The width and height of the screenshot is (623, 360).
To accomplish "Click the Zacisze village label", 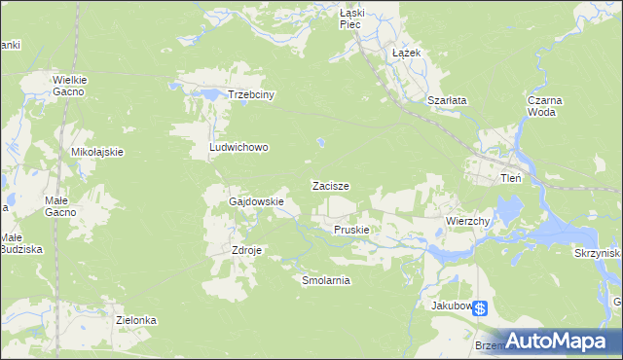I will pos(330,185).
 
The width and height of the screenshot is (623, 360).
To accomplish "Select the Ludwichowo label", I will pos(238,148).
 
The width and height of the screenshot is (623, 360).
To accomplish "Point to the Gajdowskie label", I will pos(256,201).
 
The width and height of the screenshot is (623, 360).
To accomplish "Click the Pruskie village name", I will pos(350,230).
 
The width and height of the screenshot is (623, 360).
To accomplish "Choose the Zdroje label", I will pos(247,249).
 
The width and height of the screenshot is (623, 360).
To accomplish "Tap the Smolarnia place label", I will pos(325,279).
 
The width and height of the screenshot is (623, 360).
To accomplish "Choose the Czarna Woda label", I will pos(542,106).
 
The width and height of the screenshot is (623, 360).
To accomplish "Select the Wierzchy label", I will pos(467,221).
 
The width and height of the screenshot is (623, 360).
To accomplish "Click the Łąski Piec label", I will pos(350,18).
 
